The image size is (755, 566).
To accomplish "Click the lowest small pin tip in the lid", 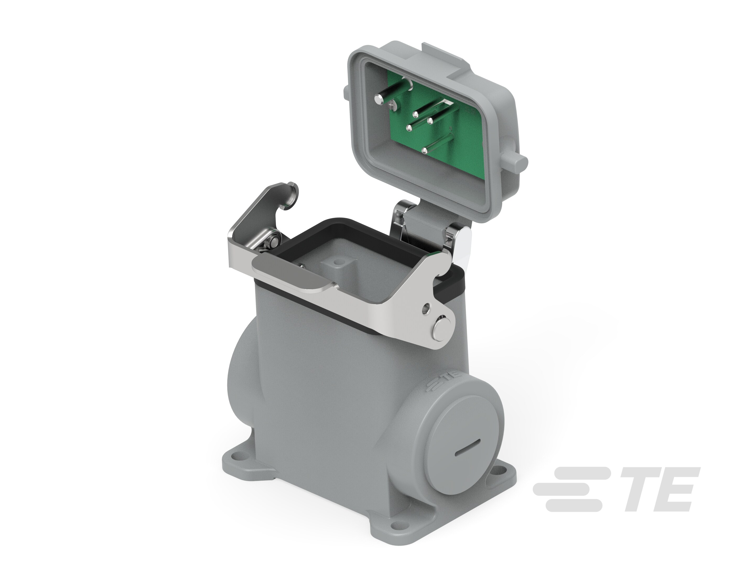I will tap(425, 149).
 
